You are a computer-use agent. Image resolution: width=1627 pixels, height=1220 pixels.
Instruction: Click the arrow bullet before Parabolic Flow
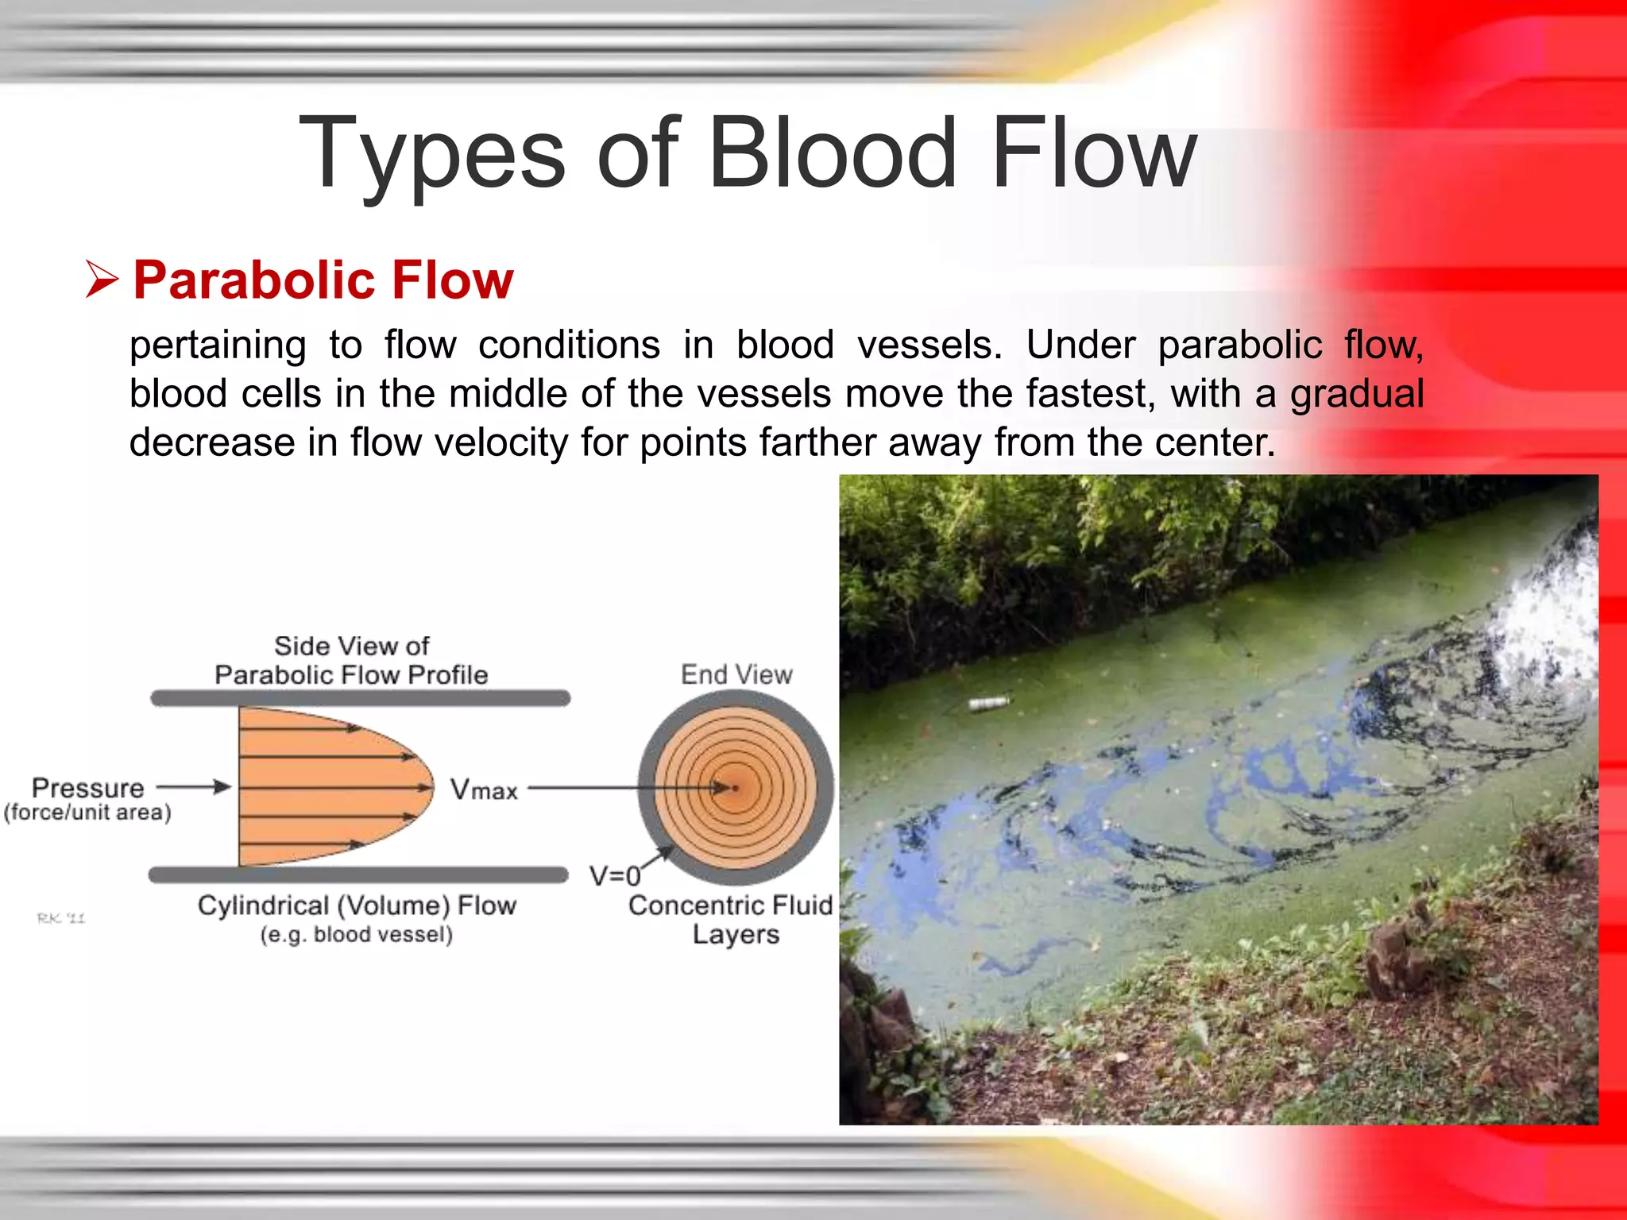click(x=102, y=280)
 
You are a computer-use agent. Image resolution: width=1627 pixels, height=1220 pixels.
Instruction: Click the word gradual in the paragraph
click(x=1356, y=394)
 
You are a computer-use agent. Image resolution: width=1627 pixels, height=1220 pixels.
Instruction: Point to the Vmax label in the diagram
click(x=484, y=790)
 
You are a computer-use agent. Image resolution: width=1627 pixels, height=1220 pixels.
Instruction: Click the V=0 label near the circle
click(x=614, y=876)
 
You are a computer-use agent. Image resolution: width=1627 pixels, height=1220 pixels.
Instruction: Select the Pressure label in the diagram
click(x=87, y=788)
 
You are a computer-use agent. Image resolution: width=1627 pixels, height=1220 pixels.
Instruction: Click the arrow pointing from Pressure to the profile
click(x=194, y=787)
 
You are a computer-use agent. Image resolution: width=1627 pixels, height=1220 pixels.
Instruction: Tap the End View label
click(x=736, y=674)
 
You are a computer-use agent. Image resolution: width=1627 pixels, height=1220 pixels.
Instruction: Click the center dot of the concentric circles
click(x=736, y=788)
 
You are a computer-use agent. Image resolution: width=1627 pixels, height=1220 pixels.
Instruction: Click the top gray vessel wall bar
click(x=361, y=698)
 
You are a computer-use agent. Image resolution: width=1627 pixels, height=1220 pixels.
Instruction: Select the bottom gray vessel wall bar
click(x=358, y=875)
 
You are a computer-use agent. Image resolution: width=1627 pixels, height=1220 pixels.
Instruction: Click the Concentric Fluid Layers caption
click(x=732, y=920)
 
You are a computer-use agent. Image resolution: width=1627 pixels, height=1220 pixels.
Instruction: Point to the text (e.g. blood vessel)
click(x=357, y=935)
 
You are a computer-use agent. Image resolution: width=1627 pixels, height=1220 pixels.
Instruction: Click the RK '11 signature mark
click(x=61, y=918)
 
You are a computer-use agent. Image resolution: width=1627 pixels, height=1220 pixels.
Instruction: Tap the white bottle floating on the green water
click(x=989, y=703)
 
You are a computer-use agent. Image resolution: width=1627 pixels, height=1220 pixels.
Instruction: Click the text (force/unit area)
click(x=87, y=813)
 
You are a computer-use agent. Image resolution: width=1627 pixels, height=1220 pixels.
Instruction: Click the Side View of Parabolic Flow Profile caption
click(x=351, y=660)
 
